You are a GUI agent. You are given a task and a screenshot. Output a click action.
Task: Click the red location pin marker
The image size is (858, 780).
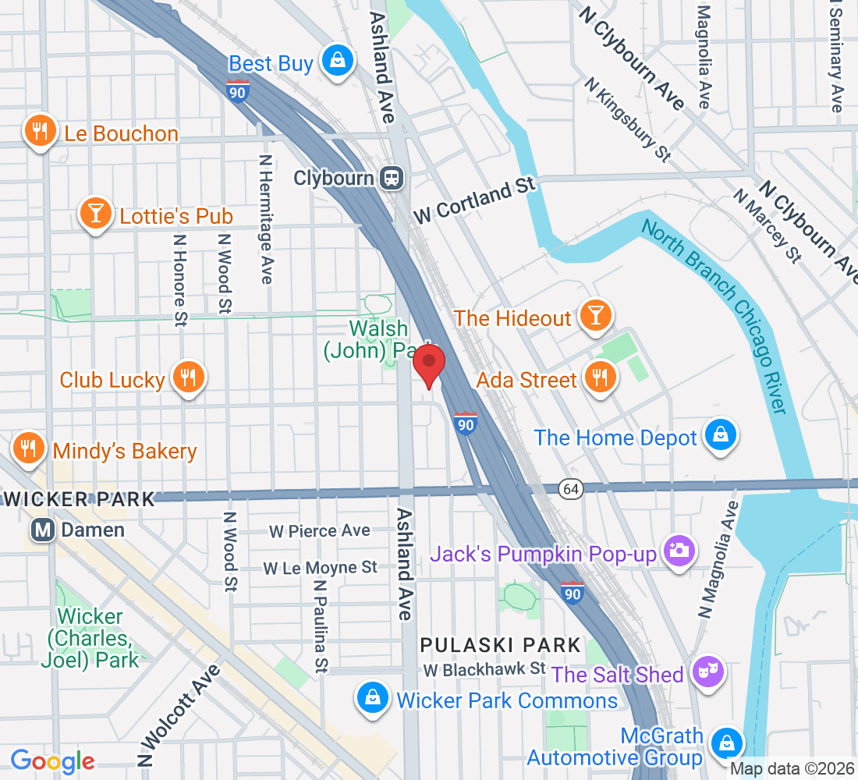[x=428, y=365]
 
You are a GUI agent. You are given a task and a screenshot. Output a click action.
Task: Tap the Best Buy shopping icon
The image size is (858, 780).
[x=338, y=62]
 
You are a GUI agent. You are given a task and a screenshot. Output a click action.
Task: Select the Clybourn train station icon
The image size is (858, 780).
[x=392, y=178]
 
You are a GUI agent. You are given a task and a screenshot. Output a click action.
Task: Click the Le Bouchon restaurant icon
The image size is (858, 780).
[x=39, y=132]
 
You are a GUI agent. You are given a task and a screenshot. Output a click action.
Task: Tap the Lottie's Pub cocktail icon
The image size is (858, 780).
[x=95, y=213]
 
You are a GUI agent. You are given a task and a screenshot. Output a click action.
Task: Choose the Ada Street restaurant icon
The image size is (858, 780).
[x=600, y=378]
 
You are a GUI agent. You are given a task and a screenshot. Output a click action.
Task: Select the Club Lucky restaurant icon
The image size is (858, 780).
[x=188, y=378]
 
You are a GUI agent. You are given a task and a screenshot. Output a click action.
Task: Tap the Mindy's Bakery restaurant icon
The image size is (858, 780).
[x=29, y=448]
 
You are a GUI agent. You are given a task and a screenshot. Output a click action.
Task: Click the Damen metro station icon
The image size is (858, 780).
[x=43, y=530]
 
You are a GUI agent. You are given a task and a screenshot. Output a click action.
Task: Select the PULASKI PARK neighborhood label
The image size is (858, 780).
[x=501, y=645]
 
